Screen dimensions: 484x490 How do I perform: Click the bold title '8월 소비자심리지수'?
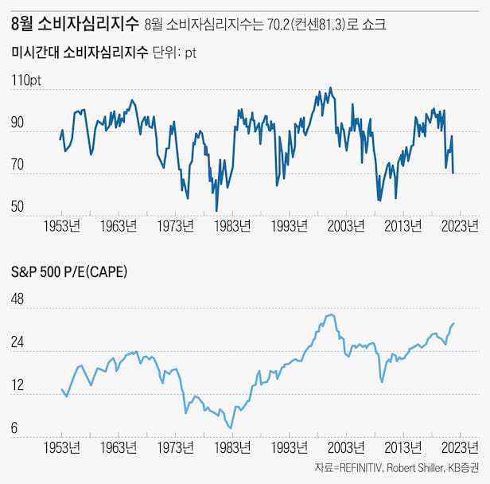pyautogui.click(x=75, y=24)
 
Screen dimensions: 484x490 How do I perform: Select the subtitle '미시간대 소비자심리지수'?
pyautogui.click(x=80, y=53)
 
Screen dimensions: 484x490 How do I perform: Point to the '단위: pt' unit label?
pyautogui.click(x=174, y=54)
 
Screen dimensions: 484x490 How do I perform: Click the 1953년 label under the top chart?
pyautogui.click(x=62, y=225)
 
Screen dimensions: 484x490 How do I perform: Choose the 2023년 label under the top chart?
pyautogui.click(x=459, y=225)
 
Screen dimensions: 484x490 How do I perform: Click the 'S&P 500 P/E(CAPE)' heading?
pyautogui.click(x=69, y=271)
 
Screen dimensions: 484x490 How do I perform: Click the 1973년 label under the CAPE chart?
pyautogui.click(x=176, y=447)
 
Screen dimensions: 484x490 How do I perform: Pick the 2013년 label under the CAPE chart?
pyautogui.click(x=402, y=447)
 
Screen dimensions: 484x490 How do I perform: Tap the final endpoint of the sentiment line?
pyautogui.click(x=453, y=173)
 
